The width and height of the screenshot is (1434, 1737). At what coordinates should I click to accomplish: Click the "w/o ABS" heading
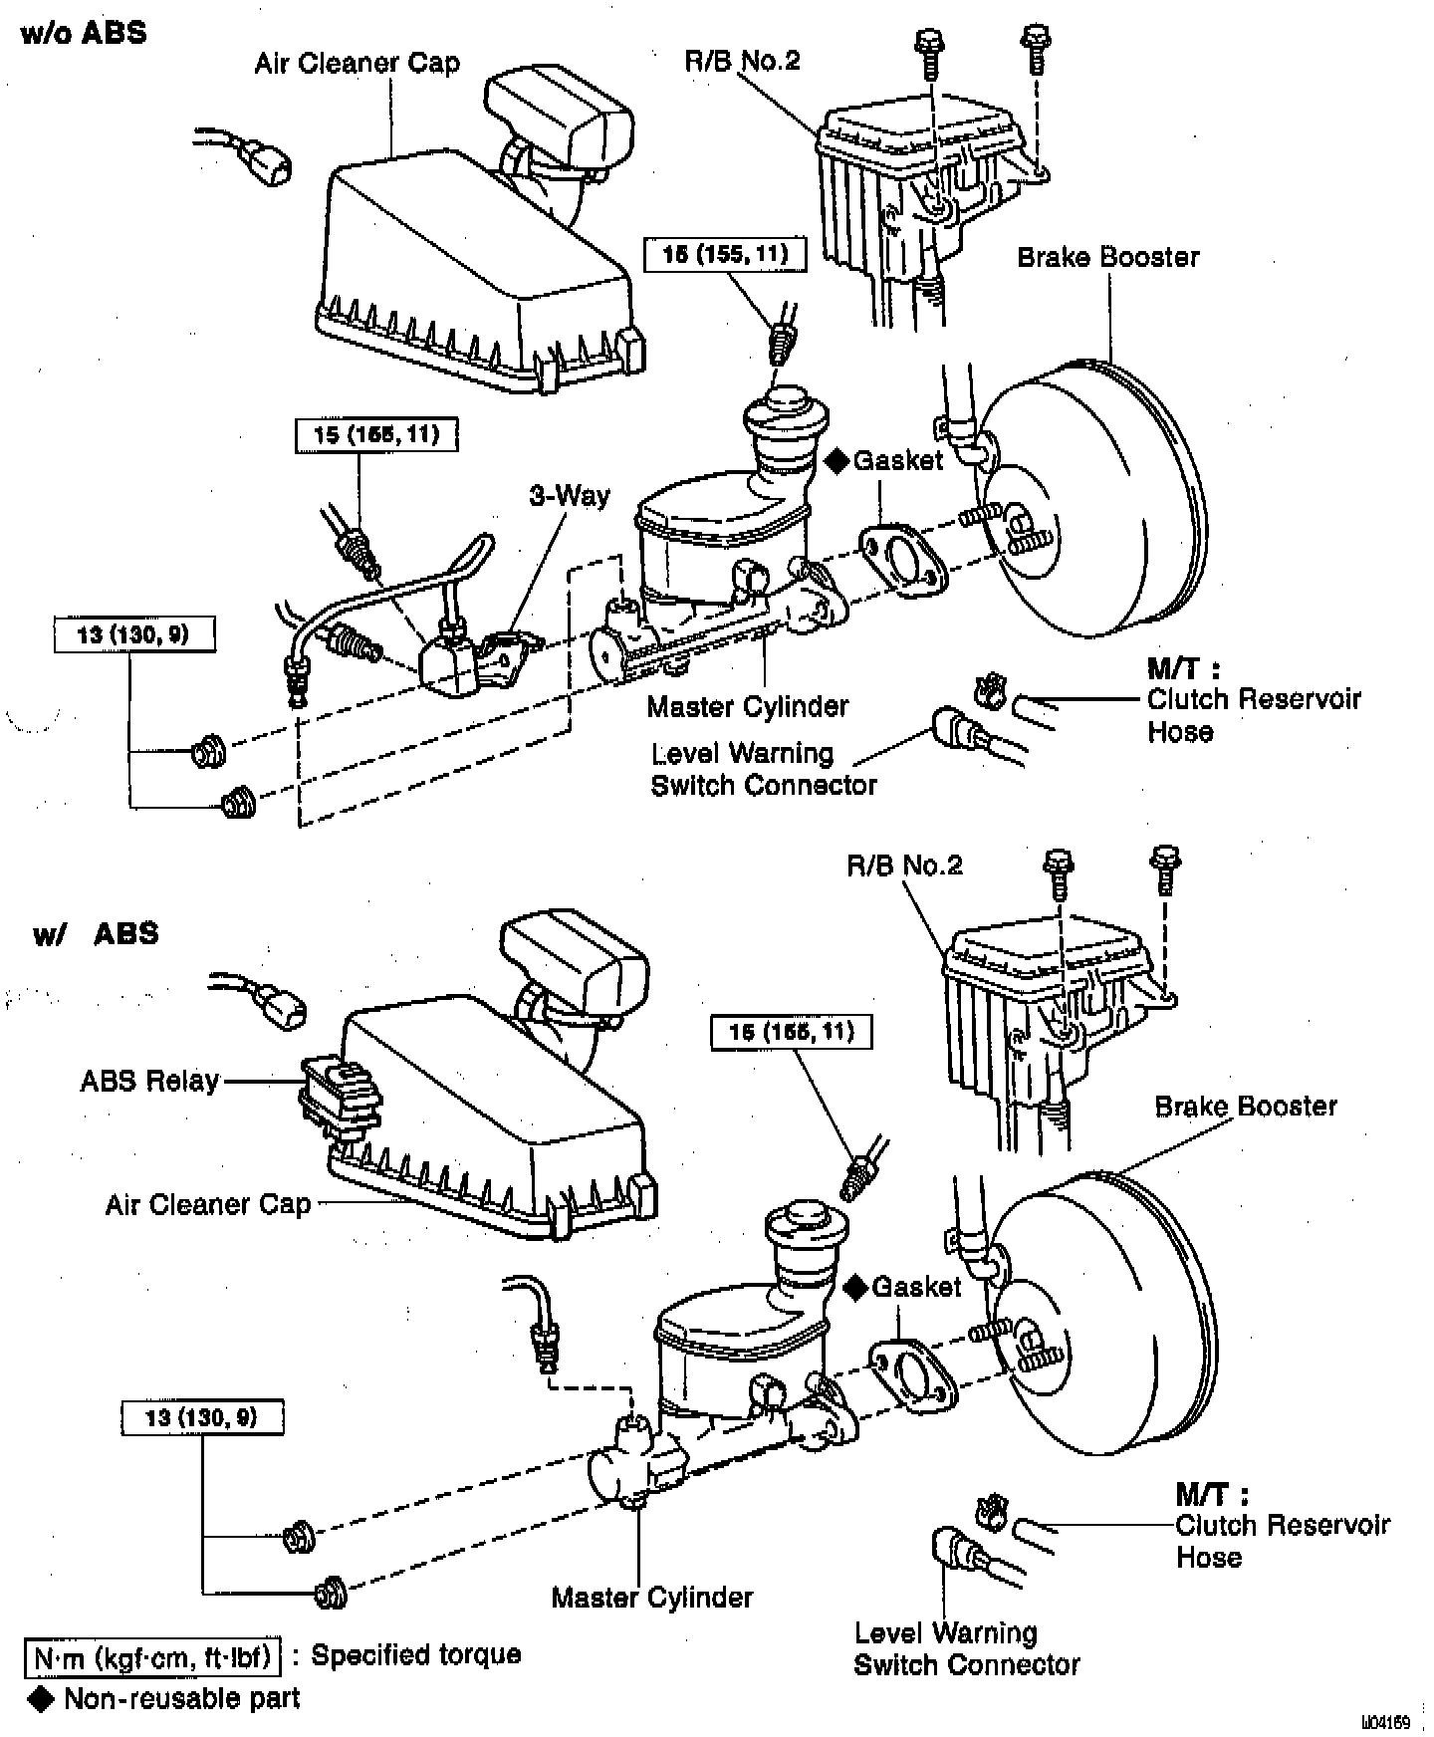tap(84, 33)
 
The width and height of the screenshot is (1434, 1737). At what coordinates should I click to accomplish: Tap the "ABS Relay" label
tap(149, 1081)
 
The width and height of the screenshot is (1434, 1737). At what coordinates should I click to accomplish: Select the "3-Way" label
tap(569, 495)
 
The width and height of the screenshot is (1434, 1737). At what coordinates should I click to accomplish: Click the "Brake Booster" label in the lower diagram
tap(1245, 1106)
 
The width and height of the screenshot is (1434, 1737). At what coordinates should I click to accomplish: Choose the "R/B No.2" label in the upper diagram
tap(742, 61)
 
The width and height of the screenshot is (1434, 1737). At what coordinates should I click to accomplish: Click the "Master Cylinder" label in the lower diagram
tap(652, 1598)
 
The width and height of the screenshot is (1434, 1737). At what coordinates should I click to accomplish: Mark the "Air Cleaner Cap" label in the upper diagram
tap(357, 64)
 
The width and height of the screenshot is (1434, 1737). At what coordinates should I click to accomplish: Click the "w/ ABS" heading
tap(96, 933)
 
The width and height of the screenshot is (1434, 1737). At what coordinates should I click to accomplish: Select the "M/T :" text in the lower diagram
tap(1211, 1494)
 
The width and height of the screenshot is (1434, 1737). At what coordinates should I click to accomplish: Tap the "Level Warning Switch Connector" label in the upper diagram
tap(763, 769)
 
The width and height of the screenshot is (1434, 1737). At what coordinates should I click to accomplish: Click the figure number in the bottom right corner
tap(1387, 1722)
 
